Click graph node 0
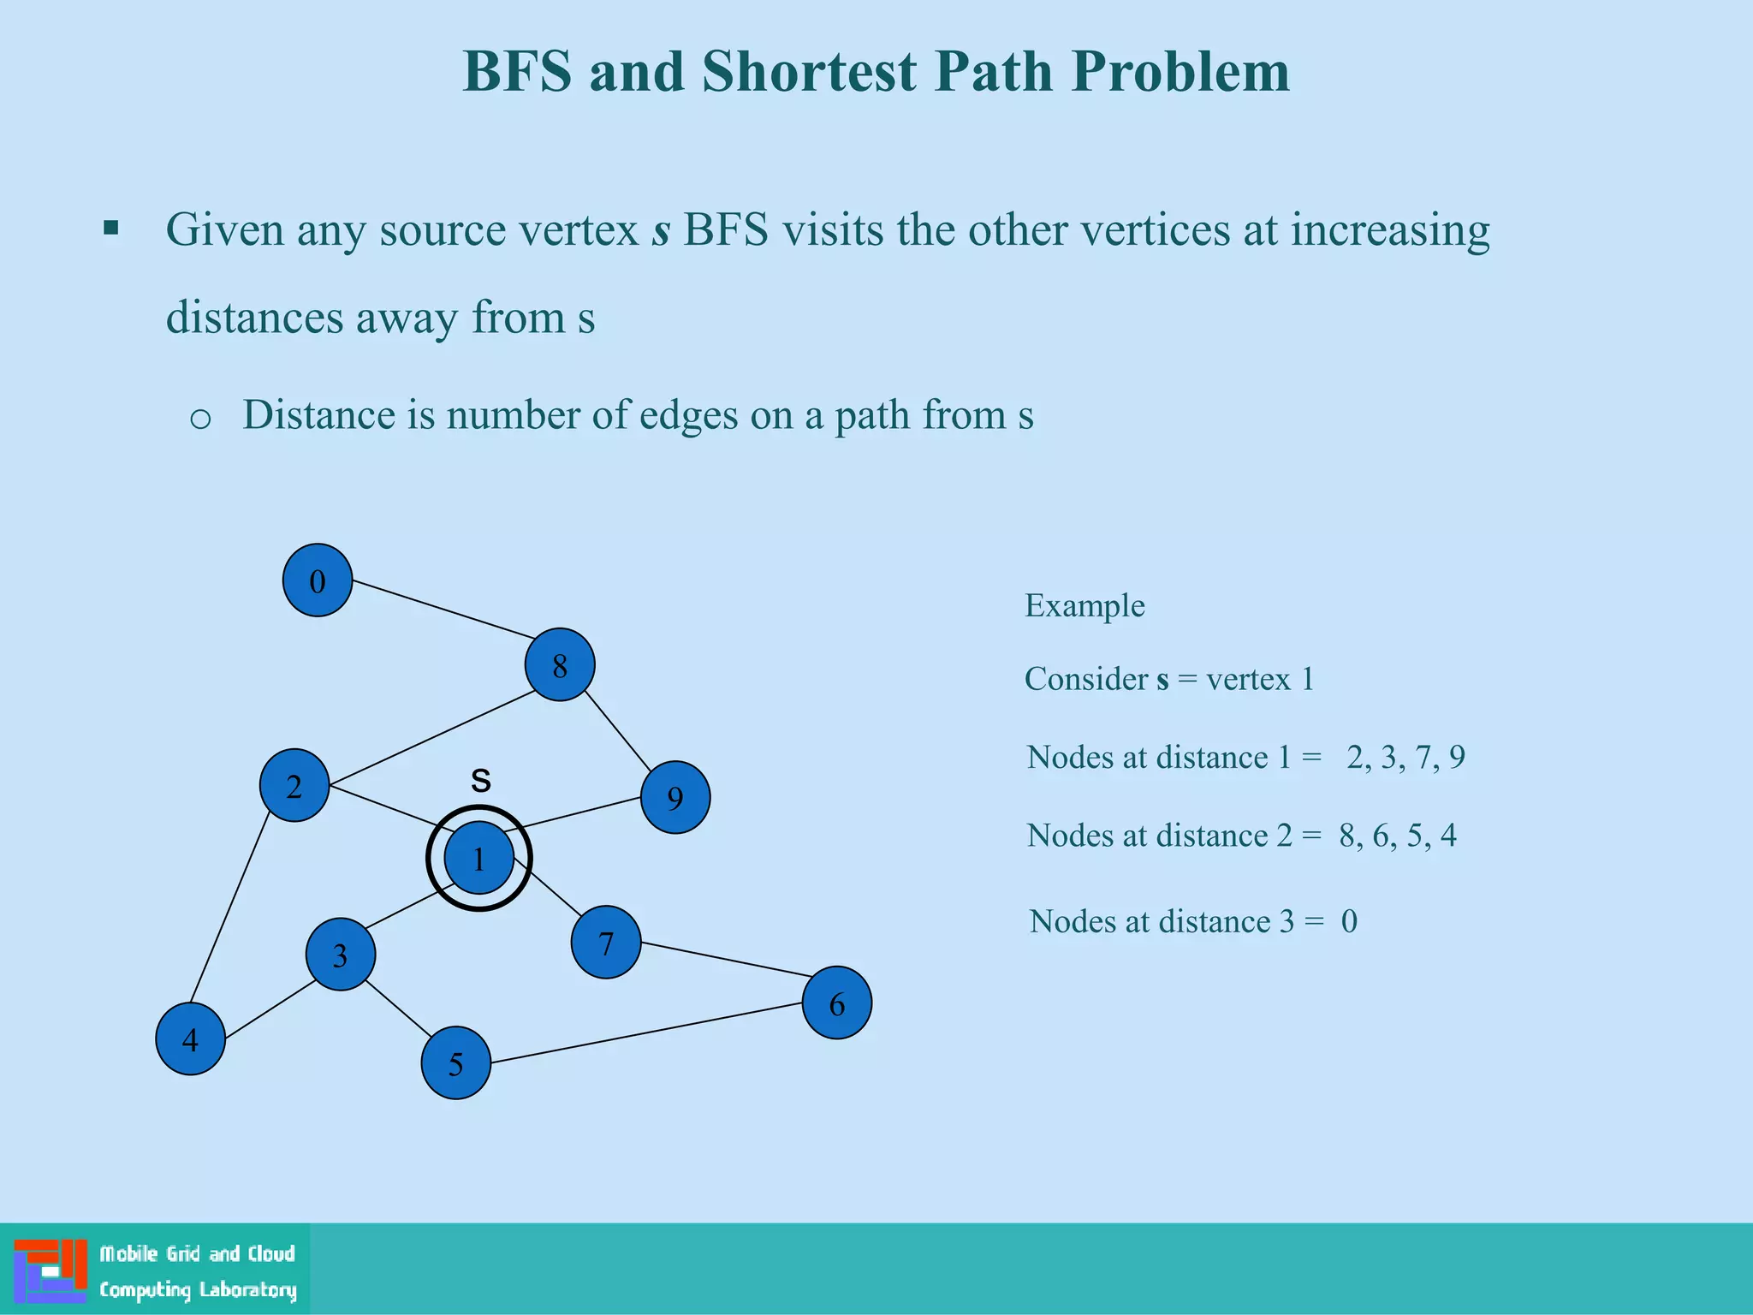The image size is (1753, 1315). tap(318, 580)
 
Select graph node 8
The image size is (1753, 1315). tap(560, 665)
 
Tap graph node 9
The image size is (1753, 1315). tap(675, 798)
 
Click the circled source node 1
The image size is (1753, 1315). tap(479, 858)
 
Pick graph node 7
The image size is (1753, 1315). tap(606, 943)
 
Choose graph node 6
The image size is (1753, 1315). tap(837, 1003)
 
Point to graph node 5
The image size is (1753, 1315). tap(456, 1063)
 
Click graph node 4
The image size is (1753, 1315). tap(190, 1039)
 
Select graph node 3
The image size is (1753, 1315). tap(341, 955)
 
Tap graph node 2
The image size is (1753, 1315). tap(294, 786)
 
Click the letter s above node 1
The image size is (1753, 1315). tap(481, 780)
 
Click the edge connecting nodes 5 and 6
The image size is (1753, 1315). tap(647, 1033)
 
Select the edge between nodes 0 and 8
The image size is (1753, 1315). tap(443, 610)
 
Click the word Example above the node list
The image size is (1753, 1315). tap(1084, 606)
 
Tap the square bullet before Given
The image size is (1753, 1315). tap(110, 229)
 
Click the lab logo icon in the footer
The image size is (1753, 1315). tap(51, 1270)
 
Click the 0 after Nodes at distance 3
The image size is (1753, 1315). tap(1349, 922)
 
